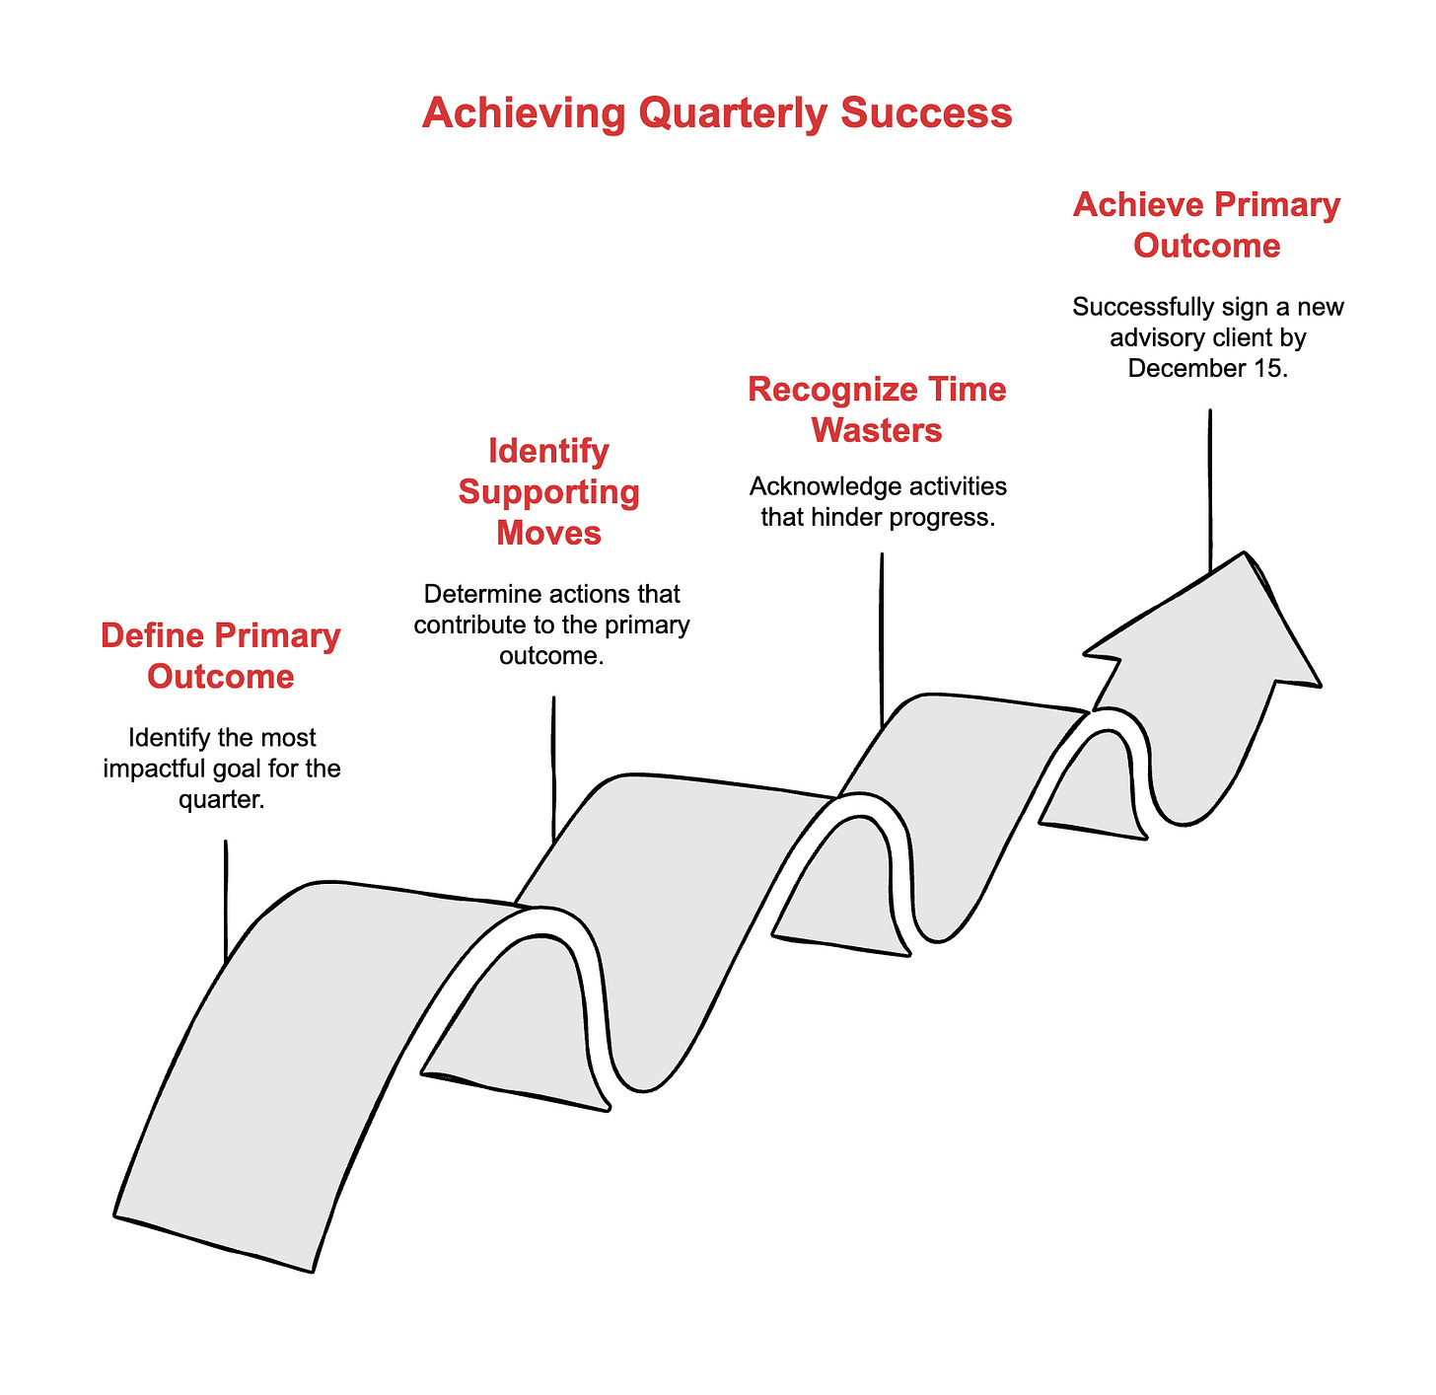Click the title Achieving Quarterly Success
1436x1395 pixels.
coord(717,113)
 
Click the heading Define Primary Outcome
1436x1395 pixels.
coord(221,656)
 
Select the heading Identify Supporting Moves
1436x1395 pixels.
coord(549,491)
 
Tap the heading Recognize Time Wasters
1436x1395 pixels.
coord(877,409)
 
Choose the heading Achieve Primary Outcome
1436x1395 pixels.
coord(1206,225)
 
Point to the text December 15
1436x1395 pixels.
coord(1208,368)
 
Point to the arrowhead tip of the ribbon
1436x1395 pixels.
coord(1247,554)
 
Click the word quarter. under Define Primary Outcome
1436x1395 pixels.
coord(222,798)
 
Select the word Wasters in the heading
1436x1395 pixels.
coord(878,430)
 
